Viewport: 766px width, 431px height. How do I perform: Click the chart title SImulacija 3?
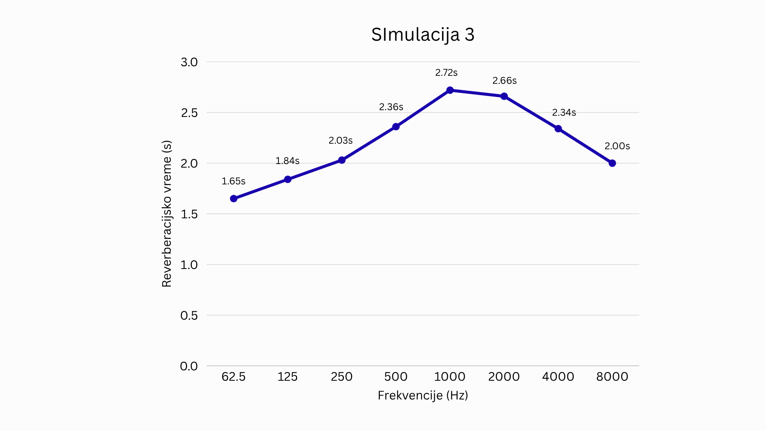tap(423, 35)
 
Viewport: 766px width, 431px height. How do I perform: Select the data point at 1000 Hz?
tap(450, 90)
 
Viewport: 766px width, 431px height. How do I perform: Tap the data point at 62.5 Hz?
tap(234, 199)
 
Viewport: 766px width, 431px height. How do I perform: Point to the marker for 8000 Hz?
tap(612, 163)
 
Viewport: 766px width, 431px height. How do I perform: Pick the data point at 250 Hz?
tap(342, 160)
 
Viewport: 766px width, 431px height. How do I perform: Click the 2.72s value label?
tap(446, 73)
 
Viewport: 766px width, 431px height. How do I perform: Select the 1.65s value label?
tap(233, 181)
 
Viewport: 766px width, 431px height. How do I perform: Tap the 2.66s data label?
tap(505, 81)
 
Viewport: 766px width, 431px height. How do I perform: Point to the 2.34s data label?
tap(564, 113)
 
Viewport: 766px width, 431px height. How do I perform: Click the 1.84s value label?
tap(287, 161)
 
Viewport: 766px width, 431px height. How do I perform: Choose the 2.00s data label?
tap(617, 146)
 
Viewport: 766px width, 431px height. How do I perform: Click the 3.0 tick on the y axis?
tap(189, 62)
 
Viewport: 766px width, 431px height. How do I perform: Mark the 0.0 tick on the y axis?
tap(189, 366)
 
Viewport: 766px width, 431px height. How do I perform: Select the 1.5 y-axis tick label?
tap(189, 214)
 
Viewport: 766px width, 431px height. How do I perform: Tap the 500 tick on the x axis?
tap(396, 377)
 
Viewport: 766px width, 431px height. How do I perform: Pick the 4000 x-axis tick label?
tap(558, 377)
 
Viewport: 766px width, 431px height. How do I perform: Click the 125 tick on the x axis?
tap(288, 377)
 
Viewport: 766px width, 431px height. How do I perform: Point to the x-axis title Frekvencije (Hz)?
tap(423, 395)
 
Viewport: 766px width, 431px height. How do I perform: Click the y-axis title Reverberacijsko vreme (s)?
tap(167, 214)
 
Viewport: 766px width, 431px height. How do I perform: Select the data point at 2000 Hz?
tap(504, 96)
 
